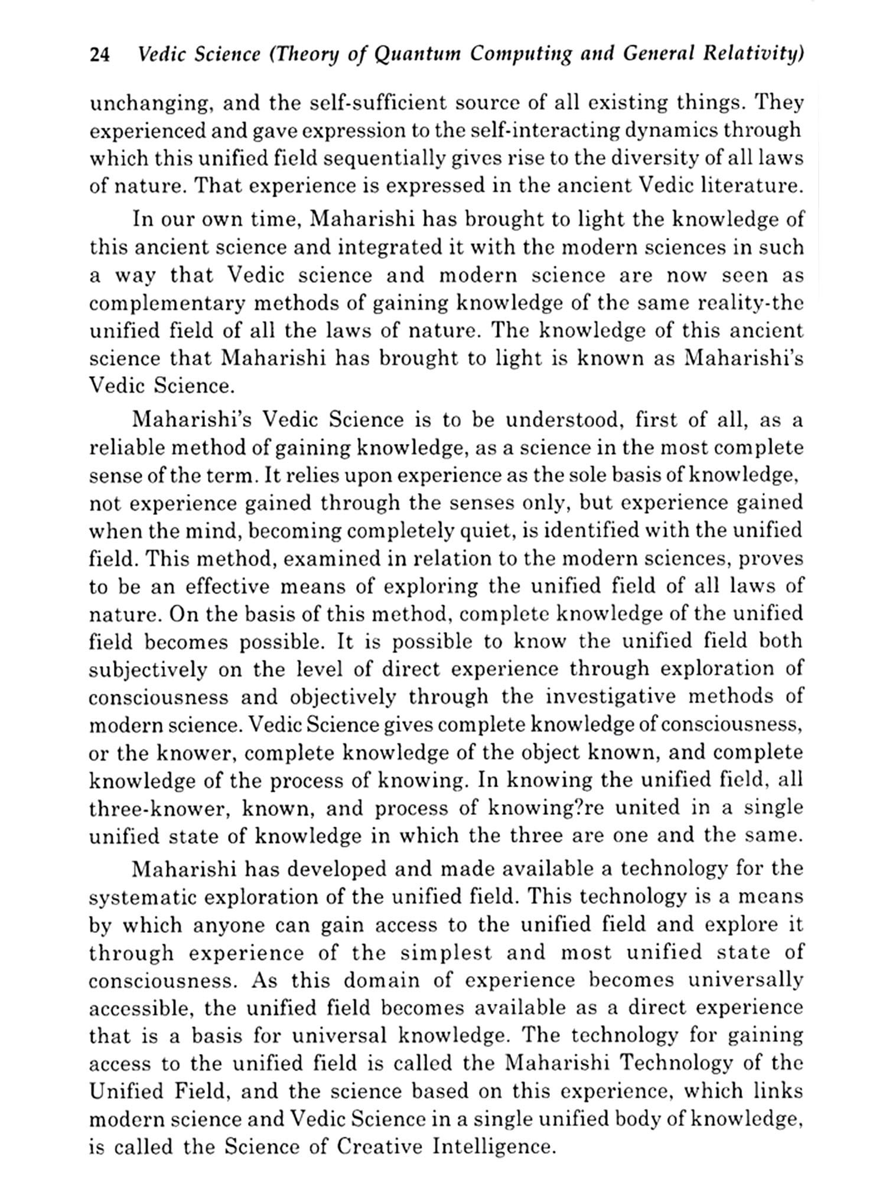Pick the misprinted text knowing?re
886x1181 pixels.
pyautogui.click(x=543, y=808)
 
